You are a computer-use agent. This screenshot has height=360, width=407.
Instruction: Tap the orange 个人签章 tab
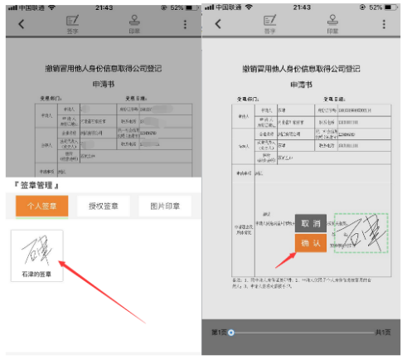pos(41,207)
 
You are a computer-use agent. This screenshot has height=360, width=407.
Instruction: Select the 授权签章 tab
pos(104,207)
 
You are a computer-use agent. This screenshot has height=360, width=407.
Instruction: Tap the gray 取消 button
pos(311,224)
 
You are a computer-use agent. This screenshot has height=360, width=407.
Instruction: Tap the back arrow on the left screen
pos(22,23)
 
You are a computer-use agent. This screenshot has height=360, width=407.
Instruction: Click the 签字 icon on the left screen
pos(71,22)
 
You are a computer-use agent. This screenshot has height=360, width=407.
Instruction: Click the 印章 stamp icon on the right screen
pos(333,22)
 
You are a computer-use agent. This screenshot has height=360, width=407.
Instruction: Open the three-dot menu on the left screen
pos(186,23)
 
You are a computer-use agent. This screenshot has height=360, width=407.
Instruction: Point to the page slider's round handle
pos(231,333)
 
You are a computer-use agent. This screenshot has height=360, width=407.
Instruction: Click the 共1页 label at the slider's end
pos(382,333)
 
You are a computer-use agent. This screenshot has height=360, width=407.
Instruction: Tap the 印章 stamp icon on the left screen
pos(134,22)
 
